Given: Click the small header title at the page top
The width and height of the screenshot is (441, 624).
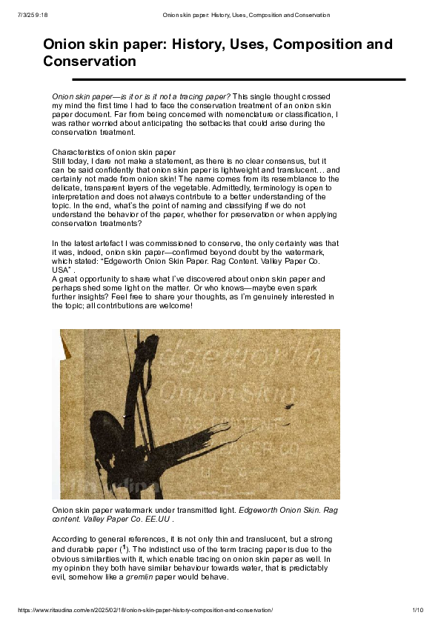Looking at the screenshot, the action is tap(246, 15).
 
